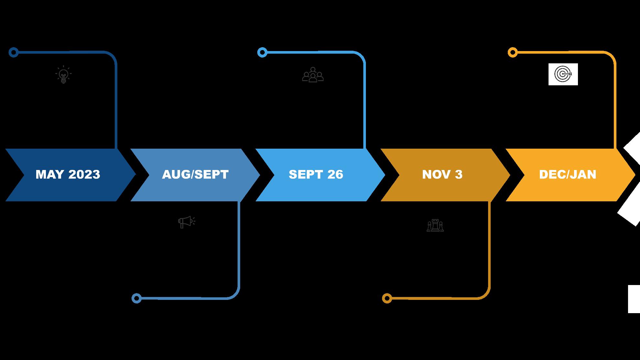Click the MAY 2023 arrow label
tap(68, 175)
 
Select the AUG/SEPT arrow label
tap(195, 175)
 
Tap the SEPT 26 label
tap(316, 175)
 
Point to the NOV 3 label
tap(442, 175)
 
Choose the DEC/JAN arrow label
tap(568, 175)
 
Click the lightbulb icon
tap(63, 75)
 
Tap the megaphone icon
tap(187, 222)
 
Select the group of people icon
tap(313, 75)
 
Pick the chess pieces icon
tap(435, 226)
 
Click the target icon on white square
tap(563, 74)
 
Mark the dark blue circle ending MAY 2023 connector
tap(14, 52)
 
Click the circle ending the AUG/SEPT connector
tap(137, 298)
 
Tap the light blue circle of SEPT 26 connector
tap(262, 52)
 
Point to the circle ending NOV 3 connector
tap(387, 298)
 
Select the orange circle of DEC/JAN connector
tap(513, 52)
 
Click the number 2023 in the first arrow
tap(84, 175)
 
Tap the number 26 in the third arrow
tap(335, 175)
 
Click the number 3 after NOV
tap(459, 175)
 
